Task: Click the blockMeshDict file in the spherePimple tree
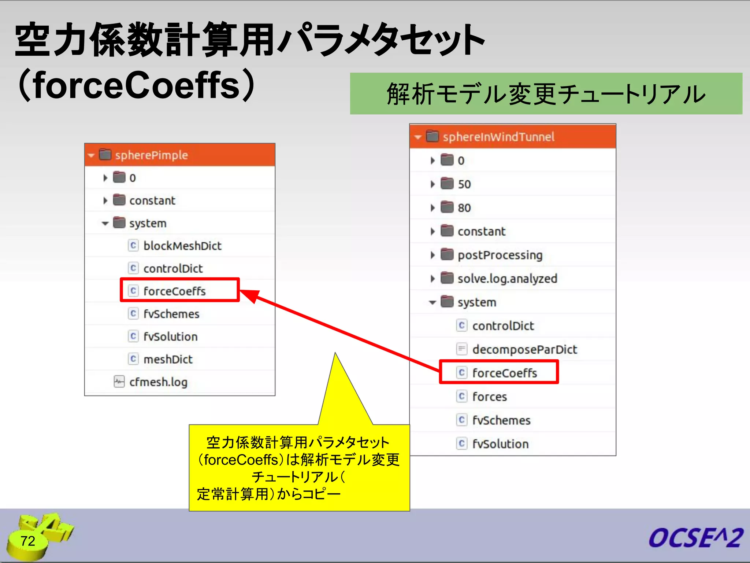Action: pyautogui.click(x=182, y=246)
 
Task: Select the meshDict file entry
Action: pyautogui.click(x=168, y=359)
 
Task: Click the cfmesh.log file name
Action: pyautogui.click(x=158, y=382)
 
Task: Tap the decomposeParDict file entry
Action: pyautogui.click(x=524, y=349)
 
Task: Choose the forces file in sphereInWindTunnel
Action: pyautogui.click(x=489, y=397)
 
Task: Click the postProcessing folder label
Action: pyautogui.click(x=500, y=255)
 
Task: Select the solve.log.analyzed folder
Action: pyautogui.click(x=507, y=279)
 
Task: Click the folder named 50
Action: pyautogui.click(x=464, y=184)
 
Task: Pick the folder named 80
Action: pyautogui.click(x=464, y=208)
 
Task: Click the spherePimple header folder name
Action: pyautogui.click(x=151, y=155)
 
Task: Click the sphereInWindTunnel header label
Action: pyautogui.click(x=498, y=137)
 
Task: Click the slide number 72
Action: pyautogui.click(x=28, y=541)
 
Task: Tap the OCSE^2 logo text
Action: pyautogui.click(x=695, y=538)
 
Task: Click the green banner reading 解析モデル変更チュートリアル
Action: pyautogui.click(x=546, y=94)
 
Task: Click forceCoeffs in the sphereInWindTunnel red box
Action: pyautogui.click(x=504, y=373)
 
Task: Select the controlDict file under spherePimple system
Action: pyautogui.click(x=173, y=269)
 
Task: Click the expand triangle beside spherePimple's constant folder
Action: pyautogui.click(x=105, y=200)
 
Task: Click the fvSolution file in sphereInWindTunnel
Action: pyautogui.click(x=500, y=444)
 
